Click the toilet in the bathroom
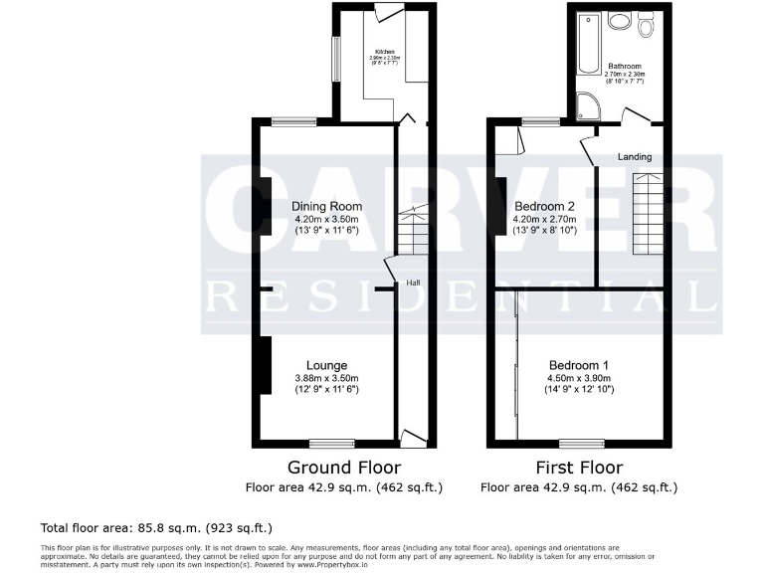(648, 27)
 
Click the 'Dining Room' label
(326, 207)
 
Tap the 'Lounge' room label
(326, 364)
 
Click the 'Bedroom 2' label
(539, 206)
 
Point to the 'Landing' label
(635, 157)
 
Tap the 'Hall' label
(412, 283)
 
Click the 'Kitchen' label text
(384, 52)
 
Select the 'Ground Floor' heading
(344, 468)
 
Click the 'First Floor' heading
(578, 468)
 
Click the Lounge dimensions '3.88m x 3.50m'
(326, 378)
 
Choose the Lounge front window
(331, 443)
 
